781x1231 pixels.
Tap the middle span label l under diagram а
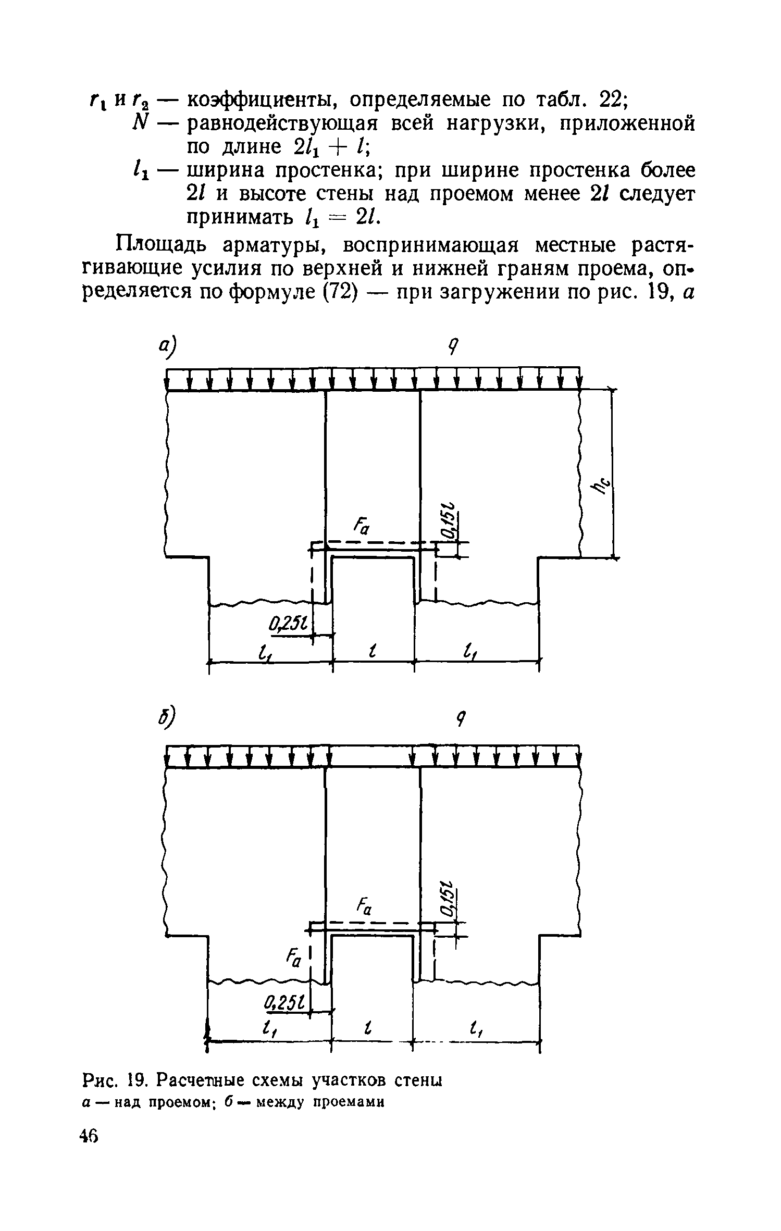[x=373, y=650]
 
